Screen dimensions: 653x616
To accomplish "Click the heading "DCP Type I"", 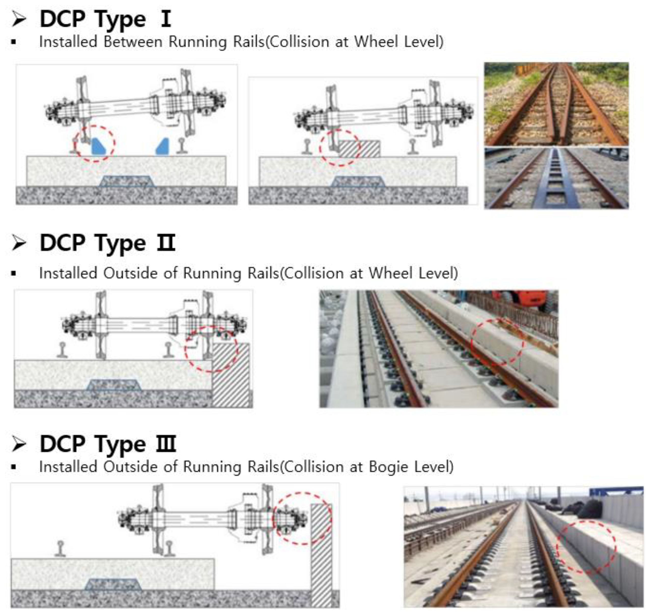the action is tap(105, 19).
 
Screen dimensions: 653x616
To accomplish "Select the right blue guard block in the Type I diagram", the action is tap(163, 146).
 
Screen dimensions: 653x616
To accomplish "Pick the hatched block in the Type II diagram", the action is tap(231, 375).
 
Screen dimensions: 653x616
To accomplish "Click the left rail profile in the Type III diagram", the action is tap(60, 549).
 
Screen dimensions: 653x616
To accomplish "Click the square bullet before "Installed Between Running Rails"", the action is tap(14, 42).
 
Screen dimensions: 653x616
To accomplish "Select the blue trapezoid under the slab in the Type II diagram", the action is tap(114, 385).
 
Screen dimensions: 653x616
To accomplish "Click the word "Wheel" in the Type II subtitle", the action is tap(391, 273).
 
